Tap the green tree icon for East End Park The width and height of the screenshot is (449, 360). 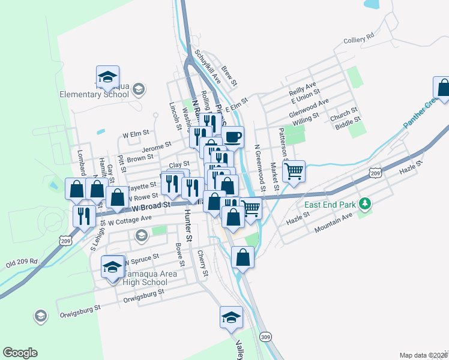(364, 205)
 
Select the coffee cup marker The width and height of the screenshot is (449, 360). (232, 137)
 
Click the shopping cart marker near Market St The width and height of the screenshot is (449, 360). (294, 172)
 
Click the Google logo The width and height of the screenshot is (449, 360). (20, 353)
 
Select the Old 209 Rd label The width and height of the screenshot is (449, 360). (22, 262)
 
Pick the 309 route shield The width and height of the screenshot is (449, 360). (265, 337)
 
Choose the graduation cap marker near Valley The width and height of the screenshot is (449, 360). (231, 318)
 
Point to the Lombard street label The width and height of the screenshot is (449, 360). (81, 163)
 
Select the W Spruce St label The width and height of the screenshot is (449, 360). (141, 259)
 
